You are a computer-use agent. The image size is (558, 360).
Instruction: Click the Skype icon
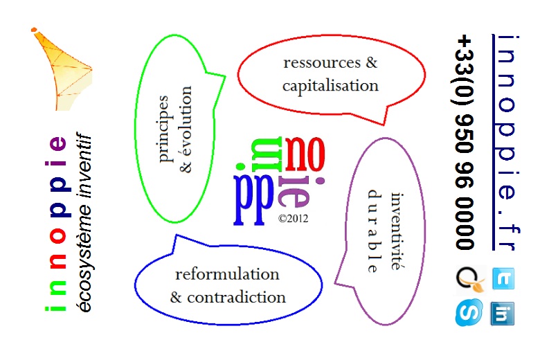[x=468, y=313]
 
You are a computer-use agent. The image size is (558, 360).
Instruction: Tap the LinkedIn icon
[x=503, y=313]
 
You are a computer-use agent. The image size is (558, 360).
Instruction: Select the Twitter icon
[x=503, y=279]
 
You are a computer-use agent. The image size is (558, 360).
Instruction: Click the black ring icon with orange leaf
[x=468, y=279]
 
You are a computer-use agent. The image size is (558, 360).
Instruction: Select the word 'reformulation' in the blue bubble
[x=227, y=274]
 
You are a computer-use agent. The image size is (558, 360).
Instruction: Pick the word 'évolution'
[x=186, y=129]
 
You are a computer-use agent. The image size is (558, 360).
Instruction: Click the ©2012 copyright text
[x=292, y=217]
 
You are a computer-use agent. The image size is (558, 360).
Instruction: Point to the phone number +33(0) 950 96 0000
[x=465, y=142]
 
